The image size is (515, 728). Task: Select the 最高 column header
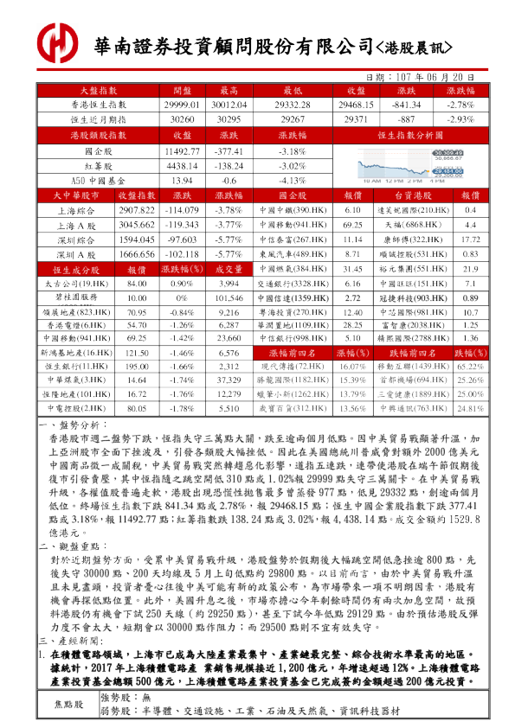[x=229, y=90]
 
